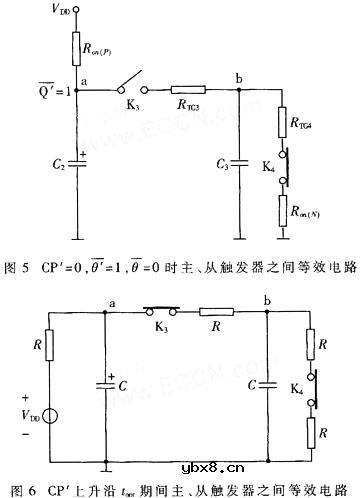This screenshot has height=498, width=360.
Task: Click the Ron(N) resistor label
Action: coord(303,210)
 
